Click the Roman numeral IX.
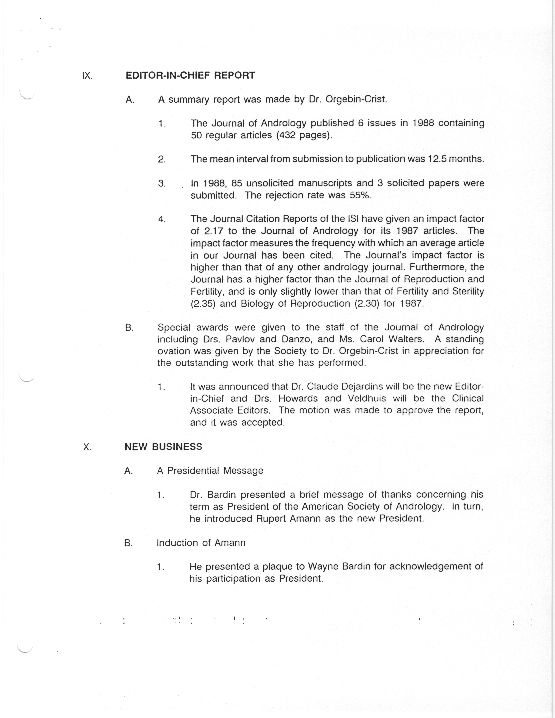pyautogui.click(x=87, y=76)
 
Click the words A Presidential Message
pyautogui.click(x=210, y=471)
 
